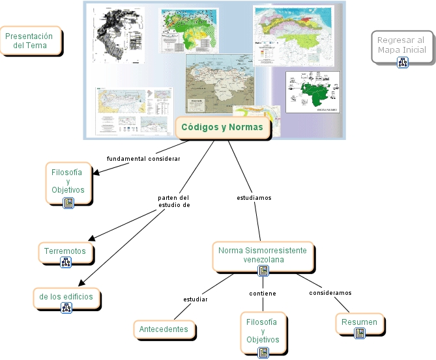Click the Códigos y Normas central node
(222, 128)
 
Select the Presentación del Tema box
(31, 41)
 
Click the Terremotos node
(65, 251)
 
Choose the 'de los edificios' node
(66, 296)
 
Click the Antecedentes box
(164, 329)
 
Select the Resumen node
(359, 322)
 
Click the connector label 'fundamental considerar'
(143, 158)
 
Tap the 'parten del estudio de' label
(174, 201)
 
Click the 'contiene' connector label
(263, 294)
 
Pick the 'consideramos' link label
(330, 292)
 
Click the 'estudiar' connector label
(196, 299)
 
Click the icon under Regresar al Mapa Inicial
(402, 62)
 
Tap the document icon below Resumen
(360, 333)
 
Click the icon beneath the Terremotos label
(66, 262)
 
